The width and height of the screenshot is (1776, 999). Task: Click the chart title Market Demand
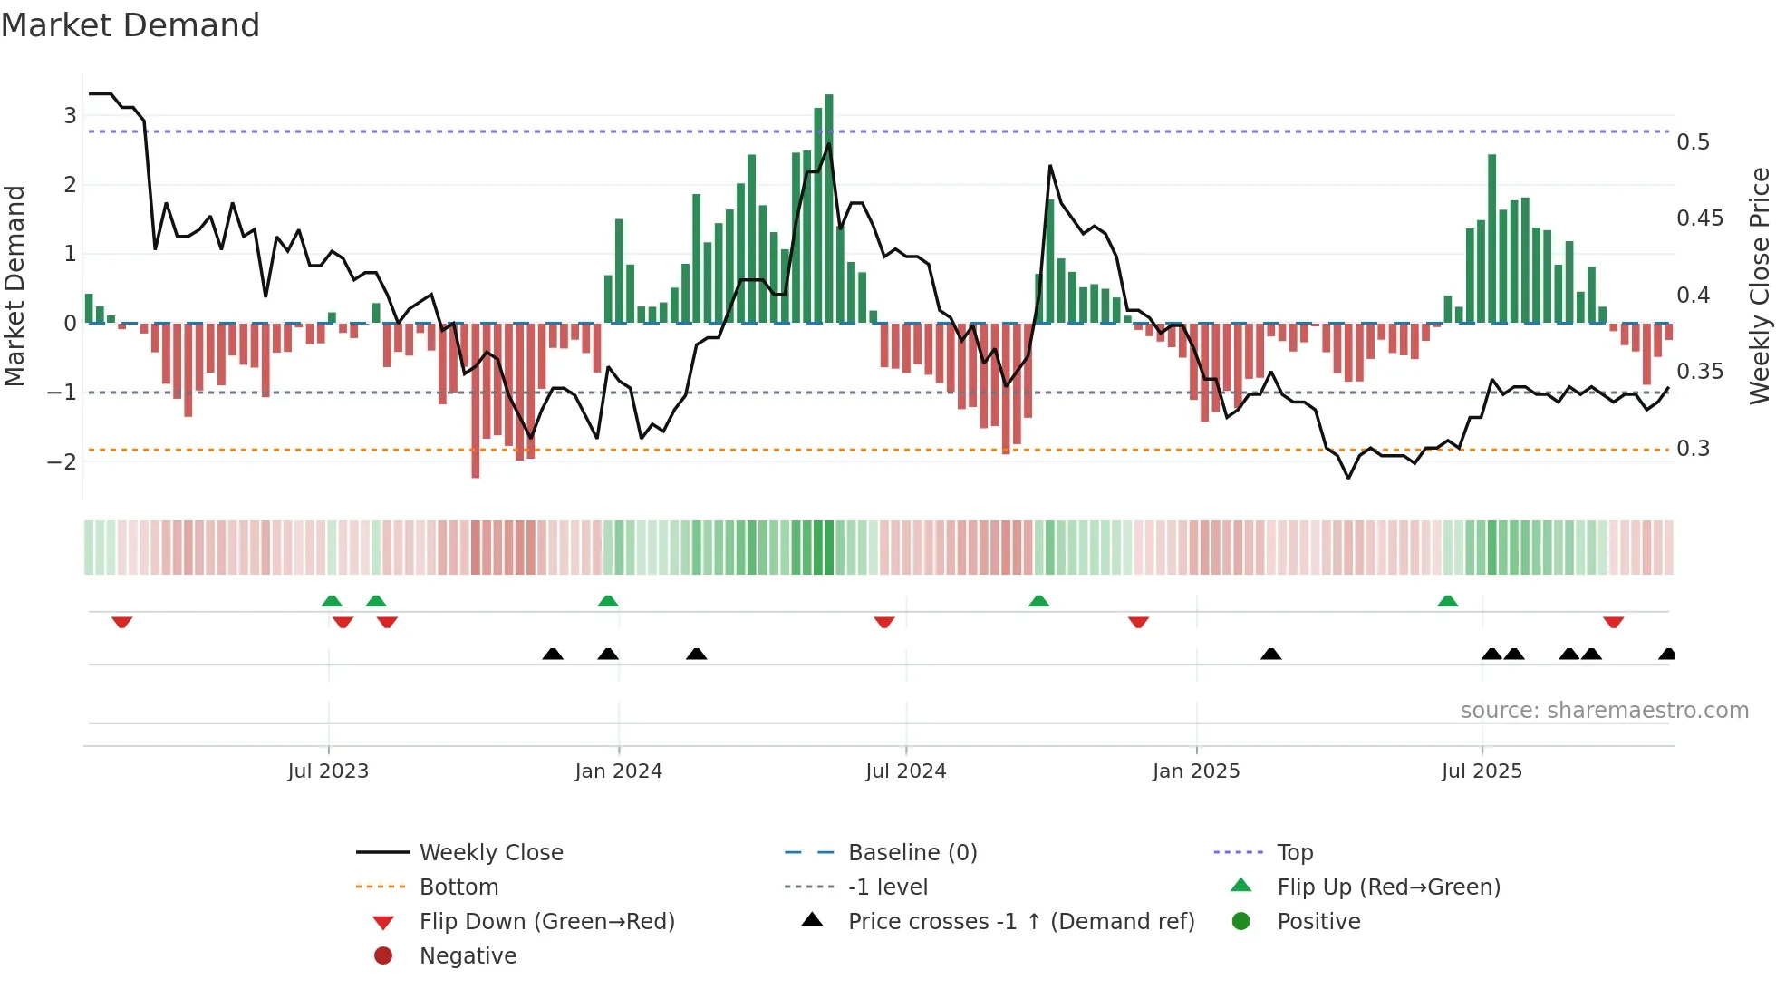pos(130,25)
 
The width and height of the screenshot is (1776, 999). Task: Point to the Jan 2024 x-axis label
pos(618,771)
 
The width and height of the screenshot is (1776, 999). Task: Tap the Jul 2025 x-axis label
pos(1482,771)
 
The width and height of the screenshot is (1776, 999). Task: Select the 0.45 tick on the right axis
pos(1699,218)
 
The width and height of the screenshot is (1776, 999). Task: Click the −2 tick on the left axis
pos(62,461)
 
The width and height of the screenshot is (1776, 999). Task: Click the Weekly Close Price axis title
pos(1759,286)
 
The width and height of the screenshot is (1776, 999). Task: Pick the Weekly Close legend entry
pos(490,852)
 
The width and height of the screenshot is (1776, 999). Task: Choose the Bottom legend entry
pos(458,887)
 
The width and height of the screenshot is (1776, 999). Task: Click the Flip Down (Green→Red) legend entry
pos(546,921)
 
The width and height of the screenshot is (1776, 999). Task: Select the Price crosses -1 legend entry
pos(1020,921)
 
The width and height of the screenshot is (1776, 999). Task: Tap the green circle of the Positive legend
pos(1241,921)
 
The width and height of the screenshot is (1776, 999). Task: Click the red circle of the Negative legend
pos(383,955)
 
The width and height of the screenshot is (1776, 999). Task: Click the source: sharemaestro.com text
pos(1604,710)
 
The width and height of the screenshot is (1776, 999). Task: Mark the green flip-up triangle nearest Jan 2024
pos(608,601)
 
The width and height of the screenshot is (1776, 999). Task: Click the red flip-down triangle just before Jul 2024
pos(884,622)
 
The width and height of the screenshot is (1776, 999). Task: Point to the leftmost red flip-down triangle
pos(122,622)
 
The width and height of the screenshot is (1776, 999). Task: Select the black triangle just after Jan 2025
pos(1271,654)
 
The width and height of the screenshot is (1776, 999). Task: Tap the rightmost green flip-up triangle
pos(1448,601)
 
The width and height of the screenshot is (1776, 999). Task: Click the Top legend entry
pos(1294,852)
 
